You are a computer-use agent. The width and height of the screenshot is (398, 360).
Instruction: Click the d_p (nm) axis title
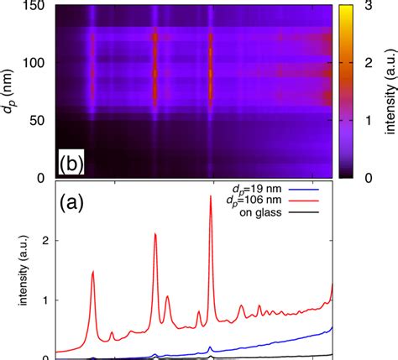(11, 92)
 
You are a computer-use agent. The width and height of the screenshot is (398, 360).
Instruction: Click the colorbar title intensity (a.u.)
(388, 92)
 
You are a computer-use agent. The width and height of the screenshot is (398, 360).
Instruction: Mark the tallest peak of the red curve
(210, 208)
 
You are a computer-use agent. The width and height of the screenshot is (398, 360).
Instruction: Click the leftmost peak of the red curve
(92, 271)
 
